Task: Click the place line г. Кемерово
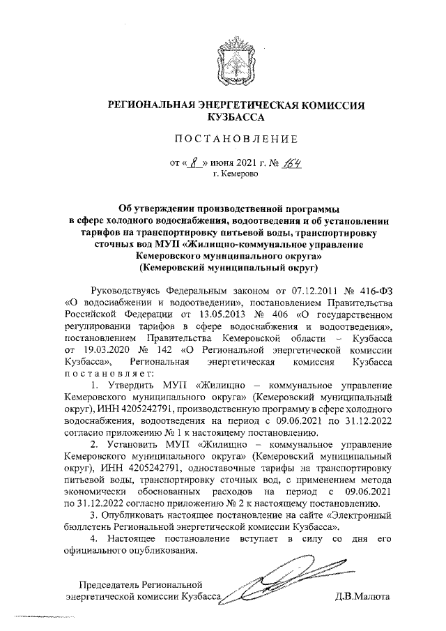tap(235, 174)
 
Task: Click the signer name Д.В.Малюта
tap(362, 598)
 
